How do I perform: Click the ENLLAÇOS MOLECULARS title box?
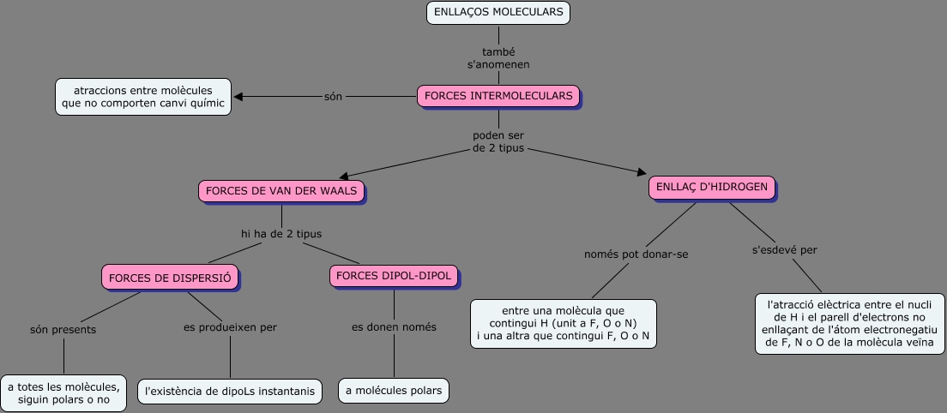point(498,13)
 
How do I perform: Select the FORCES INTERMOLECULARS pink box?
point(498,96)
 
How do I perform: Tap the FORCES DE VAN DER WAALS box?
point(281,190)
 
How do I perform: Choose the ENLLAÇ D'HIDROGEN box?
point(712,188)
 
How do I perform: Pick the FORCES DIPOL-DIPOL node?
point(394,276)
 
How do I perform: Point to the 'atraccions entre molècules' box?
point(143,97)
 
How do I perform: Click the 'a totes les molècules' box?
point(63,393)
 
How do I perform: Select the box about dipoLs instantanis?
point(230,392)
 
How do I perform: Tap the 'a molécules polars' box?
point(394,392)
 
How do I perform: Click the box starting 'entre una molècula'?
point(564,324)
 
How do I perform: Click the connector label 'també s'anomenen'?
point(498,58)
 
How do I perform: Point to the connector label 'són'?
point(333,96)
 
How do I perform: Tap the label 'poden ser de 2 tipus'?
point(498,142)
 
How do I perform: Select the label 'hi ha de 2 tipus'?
point(281,233)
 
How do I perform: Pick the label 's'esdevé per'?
point(784,250)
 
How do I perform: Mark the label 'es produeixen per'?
point(230,326)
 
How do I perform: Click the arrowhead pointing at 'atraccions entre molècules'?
point(238,97)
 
